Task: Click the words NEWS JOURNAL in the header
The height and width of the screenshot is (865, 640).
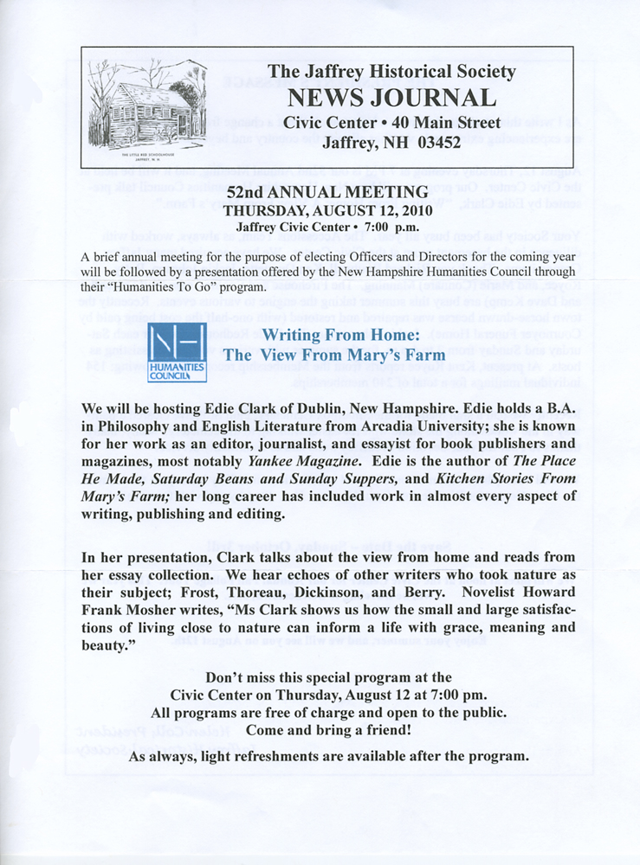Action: click(x=391, y=97)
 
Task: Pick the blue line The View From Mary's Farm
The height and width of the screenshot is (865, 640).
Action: click(x=334, y=354)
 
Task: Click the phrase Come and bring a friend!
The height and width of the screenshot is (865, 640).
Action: click(x=320, y=731)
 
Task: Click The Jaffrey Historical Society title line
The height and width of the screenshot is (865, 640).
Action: click(x=391, y=73)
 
